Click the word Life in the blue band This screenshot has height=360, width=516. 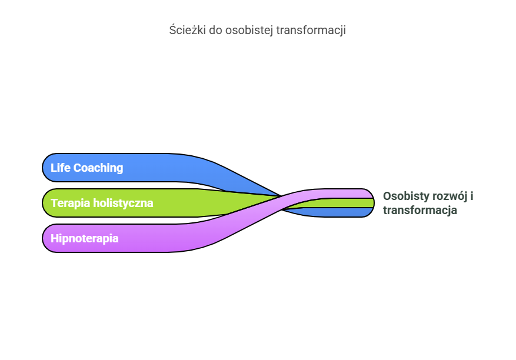pos(59,168)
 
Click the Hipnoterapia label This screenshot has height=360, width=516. pos(85,238)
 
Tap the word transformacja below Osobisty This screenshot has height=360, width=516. pos(420,210)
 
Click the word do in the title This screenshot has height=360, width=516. pos(215,31)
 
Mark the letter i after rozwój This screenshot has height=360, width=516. pos(471,196)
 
